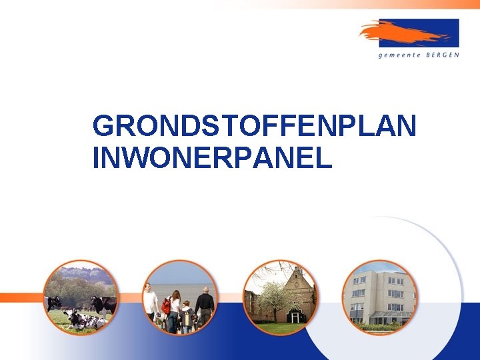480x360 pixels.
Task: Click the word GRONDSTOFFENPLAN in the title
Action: click(254, 126)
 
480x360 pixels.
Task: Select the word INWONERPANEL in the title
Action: click(212, 158)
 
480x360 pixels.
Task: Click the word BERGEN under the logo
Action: click(442, 55)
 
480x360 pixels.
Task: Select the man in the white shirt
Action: click(151, 301)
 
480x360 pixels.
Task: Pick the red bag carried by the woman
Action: click(166, 306)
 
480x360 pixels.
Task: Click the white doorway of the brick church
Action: click(295, 317)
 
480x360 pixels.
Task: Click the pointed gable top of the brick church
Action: click(297, 270)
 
